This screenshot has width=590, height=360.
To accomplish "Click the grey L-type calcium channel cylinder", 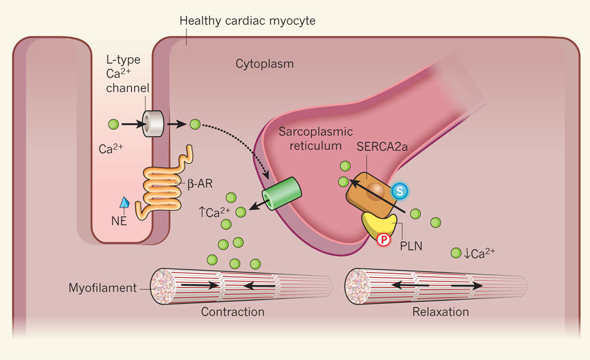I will point(153,124).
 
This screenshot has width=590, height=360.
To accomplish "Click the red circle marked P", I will point(382,239).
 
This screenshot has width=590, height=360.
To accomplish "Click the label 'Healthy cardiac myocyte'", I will point(248,21).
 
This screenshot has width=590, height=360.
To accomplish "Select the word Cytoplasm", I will point(264,64).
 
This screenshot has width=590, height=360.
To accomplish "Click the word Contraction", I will point(233,312).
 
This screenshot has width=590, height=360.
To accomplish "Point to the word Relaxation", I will point(440,312).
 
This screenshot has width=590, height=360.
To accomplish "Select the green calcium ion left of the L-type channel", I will point(114,124).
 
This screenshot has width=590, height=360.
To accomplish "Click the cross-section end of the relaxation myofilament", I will point(359,286).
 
